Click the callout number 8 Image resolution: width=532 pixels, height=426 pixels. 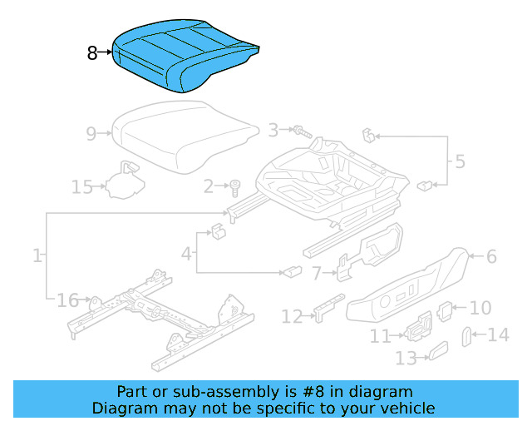(x=91, y=54)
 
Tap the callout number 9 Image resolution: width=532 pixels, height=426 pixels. (x=91, y=132)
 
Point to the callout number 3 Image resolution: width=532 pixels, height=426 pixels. (x=273, y=130)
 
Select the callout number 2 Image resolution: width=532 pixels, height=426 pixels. (x=209, y=187)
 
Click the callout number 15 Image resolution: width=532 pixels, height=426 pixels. (x=81, y=187)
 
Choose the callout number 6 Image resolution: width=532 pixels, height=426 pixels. (x=491, y=256)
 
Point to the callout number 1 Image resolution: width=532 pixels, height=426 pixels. (x=37, y=256)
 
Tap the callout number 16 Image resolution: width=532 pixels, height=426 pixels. (x=66, y=300)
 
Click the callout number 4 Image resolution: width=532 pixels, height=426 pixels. (x=187, y=251)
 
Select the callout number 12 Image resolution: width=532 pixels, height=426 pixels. (x=292, y=316)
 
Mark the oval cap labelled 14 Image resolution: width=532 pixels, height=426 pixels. (x=466, y=337)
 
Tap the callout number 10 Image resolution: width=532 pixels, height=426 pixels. (x=480, y=308)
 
